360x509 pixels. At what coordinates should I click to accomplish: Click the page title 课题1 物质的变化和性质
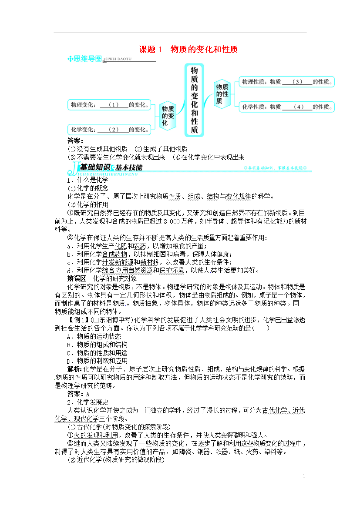pyautogui.click(x=188, y=50)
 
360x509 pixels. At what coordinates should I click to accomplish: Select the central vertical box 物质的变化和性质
pyautogui.click(x=194, y=100)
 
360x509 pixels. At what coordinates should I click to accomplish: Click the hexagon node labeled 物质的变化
pyautogui.click(x=168, y=116)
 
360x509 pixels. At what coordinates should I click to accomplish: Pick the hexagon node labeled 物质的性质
pyautogui.click(x=222, y=94)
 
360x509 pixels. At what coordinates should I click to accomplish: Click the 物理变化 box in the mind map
pyautogui.click(x=109, y=104)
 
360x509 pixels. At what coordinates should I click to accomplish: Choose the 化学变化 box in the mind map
pyautogui.click(x=109, y=129)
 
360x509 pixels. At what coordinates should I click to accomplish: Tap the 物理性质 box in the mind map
pyautogui.click(x=286, y=81)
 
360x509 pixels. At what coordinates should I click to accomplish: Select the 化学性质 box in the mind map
pyautogui.click(x=286, y=107)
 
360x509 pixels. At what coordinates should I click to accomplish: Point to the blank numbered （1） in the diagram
pyautogui.click(x=113, y=104)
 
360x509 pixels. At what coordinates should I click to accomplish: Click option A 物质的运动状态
pyautogui.click(x=94, y=336)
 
